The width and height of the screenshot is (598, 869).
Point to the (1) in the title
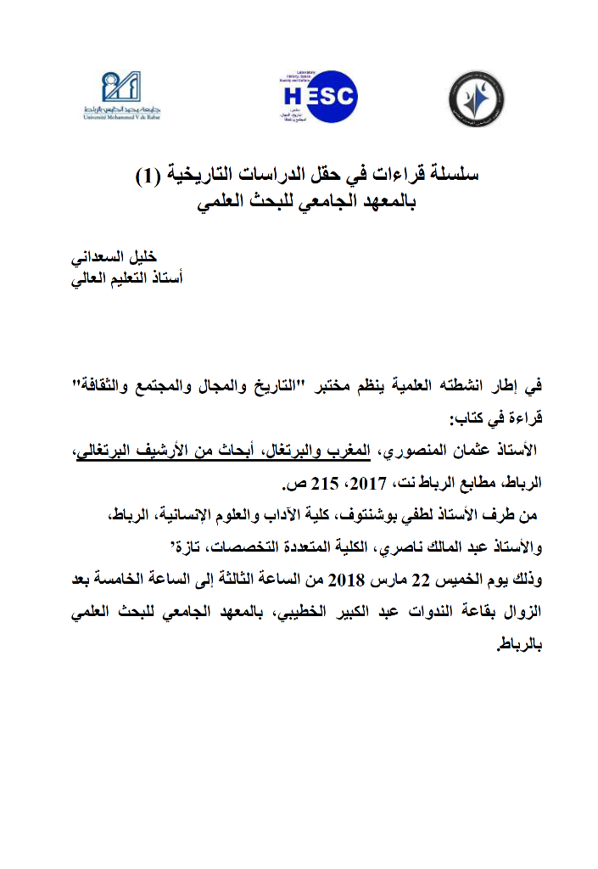pos(148,177)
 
